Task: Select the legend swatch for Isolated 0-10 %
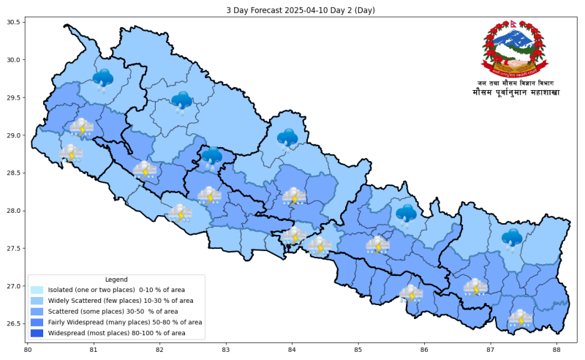click(x=37, y=290)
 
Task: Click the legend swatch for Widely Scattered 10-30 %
click(x=37, y=301)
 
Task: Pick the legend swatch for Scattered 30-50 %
click(x=37, y=312)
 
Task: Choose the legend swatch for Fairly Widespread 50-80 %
click(x=37, y=322)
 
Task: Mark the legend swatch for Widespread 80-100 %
click(x=37, y=333)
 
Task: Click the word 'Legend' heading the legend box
click(x=116, y=280)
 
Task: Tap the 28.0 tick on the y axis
click(x=14, y=211)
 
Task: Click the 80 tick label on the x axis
click(x=28, y=350)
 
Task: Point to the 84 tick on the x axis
click(x=292, y=350)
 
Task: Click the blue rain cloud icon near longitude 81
click(x=103, y=79)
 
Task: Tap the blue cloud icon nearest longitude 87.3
click(x=512, y=239)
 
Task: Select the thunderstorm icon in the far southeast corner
click(x=521, y=319)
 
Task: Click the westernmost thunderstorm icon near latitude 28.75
click(x=71, y=154)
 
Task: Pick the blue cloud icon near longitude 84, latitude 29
click(x=287, y=138)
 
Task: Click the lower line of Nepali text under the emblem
click(x=516, y=93)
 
